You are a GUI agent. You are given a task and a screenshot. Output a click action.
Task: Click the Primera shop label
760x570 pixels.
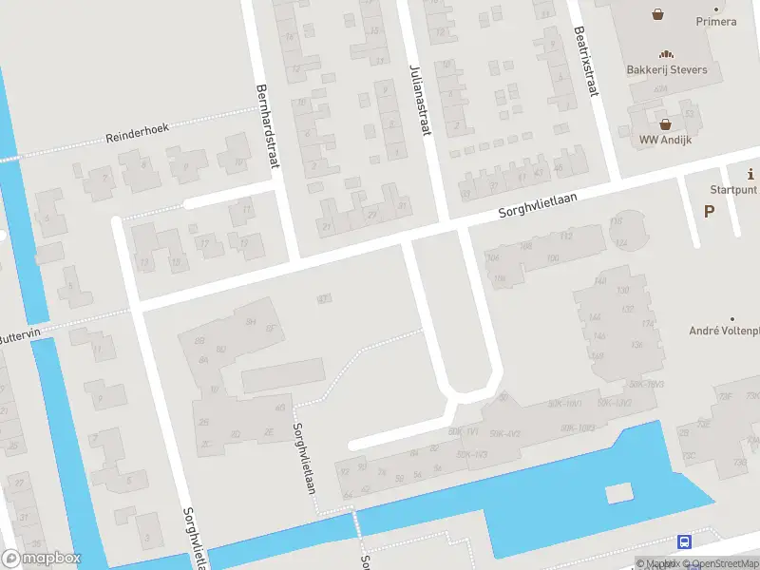click(x=715, y=22)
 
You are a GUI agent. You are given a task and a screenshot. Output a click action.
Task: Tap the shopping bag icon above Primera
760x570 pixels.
click(x=657, y=13)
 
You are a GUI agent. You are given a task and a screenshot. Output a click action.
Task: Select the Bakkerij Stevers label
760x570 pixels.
click(x=666, y=69)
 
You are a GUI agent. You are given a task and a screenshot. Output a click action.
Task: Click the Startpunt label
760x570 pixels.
click(x=734, y=189)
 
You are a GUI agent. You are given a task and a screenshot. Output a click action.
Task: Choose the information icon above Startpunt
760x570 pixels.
click(x=751, y=174)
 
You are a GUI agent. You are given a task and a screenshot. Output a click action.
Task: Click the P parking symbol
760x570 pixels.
click(x=709, y=211)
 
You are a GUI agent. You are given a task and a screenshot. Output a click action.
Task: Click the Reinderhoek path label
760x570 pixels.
click(x=138, y=135)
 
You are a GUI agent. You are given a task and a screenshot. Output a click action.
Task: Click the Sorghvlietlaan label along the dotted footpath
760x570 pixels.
click(x=304, y=458)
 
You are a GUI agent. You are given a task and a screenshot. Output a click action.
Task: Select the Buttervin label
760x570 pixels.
click(x=17, y=336)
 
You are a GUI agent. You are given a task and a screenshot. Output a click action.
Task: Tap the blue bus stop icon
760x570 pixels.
click(x=684, y=541)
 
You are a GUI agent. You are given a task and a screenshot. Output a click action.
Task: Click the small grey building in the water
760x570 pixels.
click(x=618, y=492)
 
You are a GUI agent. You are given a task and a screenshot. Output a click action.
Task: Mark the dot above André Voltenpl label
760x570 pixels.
click(x=731, y=319)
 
